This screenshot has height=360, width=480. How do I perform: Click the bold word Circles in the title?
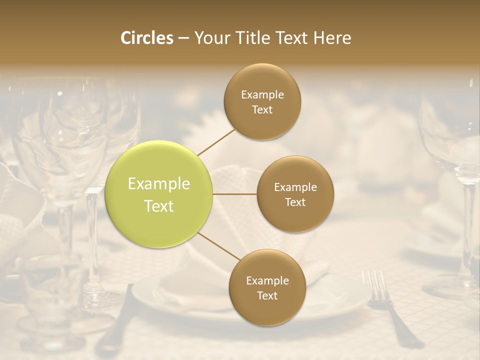click(146, 38)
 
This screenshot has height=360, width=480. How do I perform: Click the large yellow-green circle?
click(159, 194)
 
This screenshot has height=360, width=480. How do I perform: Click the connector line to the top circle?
click(216, 142)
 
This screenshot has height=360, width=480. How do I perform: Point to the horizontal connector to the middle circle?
click(234, 194)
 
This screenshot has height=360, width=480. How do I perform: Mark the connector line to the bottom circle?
click(218, 246)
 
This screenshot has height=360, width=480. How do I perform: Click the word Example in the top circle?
click(262, 94)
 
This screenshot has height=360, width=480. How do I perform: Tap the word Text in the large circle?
click(159, 206)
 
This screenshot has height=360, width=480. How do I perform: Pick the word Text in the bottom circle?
click(267, 296)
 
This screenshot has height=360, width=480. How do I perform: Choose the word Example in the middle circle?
click(295, 187)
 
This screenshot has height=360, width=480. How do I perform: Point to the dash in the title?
click(183, 38)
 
